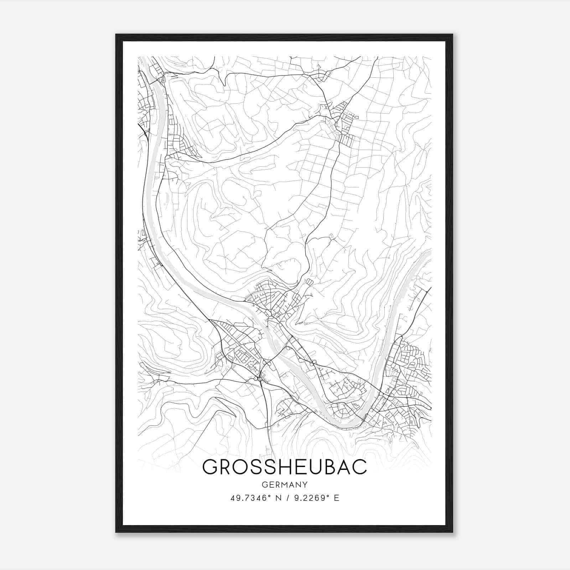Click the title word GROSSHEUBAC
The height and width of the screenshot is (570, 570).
[284, 467]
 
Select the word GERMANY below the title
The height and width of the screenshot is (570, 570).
[284, 485]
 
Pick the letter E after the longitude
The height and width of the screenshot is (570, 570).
[337, 498]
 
